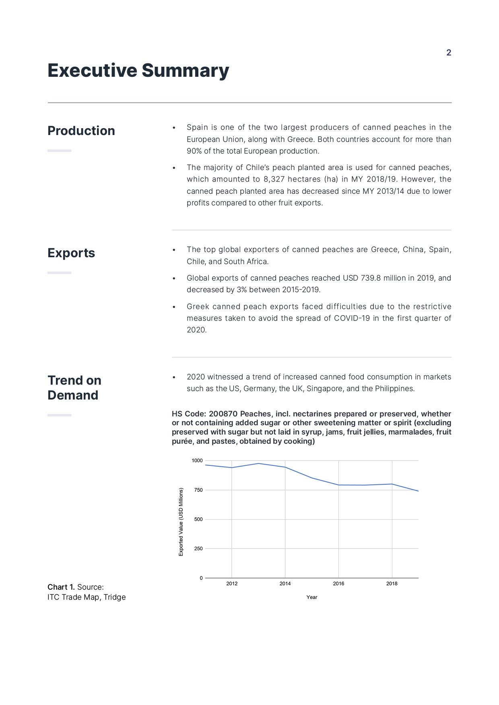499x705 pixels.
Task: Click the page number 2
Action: pyautogui.click(x=449, y=53)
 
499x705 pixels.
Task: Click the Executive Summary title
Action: pyautogui.click(x=138, y=70)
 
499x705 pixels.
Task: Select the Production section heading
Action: pyautogui.click(x=81, y=131)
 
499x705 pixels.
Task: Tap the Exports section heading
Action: pyautogui.click(x=71, y=253)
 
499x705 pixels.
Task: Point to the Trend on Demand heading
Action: pyautogui.click(x=74, y=387)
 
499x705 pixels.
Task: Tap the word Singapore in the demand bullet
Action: pyautogui.click(x=323, y=389)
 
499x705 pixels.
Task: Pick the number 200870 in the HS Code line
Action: pyautogui.click(x=223, y=414)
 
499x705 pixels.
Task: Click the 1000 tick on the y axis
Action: pyautogui.click(x=197, y=461)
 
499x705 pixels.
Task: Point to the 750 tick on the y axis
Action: pyautogui.click(x=198, y=490)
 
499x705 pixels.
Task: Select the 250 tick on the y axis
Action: pyautogui.click(x=198, y=549)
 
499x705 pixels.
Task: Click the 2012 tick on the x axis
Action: pyautogui.click(x=232, y=584)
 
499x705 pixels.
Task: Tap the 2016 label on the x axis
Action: pyautogui.click(x=338, y=584)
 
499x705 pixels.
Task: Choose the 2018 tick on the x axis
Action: pyautogui.click(x=392, y=584)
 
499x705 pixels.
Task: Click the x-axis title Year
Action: pyautogui.click(x=312, y=597)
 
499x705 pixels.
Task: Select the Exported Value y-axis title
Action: pyautogui.click(x=181, y=522)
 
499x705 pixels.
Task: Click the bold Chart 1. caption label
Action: pyautogui.click(x=61, y=587)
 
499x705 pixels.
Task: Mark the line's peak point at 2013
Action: pyautogui.click(x=258, y=463)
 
